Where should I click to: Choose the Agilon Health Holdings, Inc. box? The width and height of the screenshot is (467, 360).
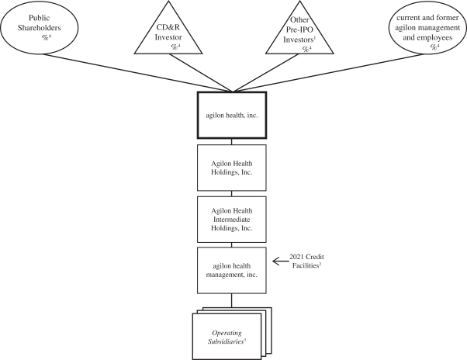[233, 166]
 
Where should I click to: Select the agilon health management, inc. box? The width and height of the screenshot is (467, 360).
[233, 269]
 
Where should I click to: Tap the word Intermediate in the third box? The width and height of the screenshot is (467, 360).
[233, 218]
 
